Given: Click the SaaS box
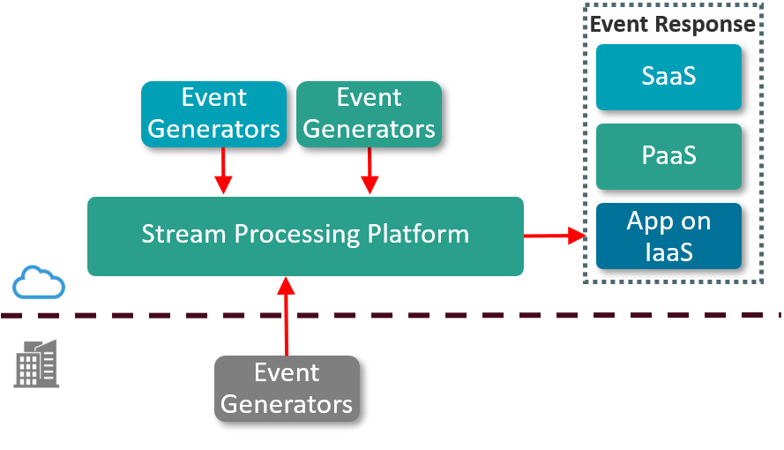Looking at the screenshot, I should point(668,77).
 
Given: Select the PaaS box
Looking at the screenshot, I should point(668,156).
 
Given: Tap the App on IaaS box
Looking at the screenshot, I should point(668,236).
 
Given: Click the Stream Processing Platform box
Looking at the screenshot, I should point(305,236).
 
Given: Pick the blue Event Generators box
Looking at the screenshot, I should point(213,114).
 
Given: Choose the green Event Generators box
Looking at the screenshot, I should point(369,114).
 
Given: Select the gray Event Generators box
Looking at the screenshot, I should point(287,388).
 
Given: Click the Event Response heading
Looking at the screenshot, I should point(672,24).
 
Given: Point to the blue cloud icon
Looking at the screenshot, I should point(39,282).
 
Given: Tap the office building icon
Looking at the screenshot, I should point(37,363).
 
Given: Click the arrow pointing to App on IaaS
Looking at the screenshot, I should point(556,236).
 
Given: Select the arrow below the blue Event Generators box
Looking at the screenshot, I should point(223,170).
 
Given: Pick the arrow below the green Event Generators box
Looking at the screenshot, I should point(370,170).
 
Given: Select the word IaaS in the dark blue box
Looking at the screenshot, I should point(668,252).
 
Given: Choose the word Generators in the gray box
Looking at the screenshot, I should point(287,404).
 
